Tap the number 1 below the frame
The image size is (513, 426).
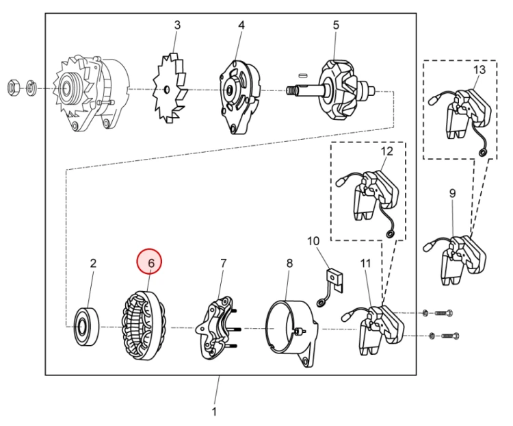[214, 412]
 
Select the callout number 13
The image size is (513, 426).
[479, 70]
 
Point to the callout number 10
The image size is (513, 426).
[313, 241]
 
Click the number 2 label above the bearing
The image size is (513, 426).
[94, 262]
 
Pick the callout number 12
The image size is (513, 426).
[387, 151]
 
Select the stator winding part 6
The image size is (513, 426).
[144, 325]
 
